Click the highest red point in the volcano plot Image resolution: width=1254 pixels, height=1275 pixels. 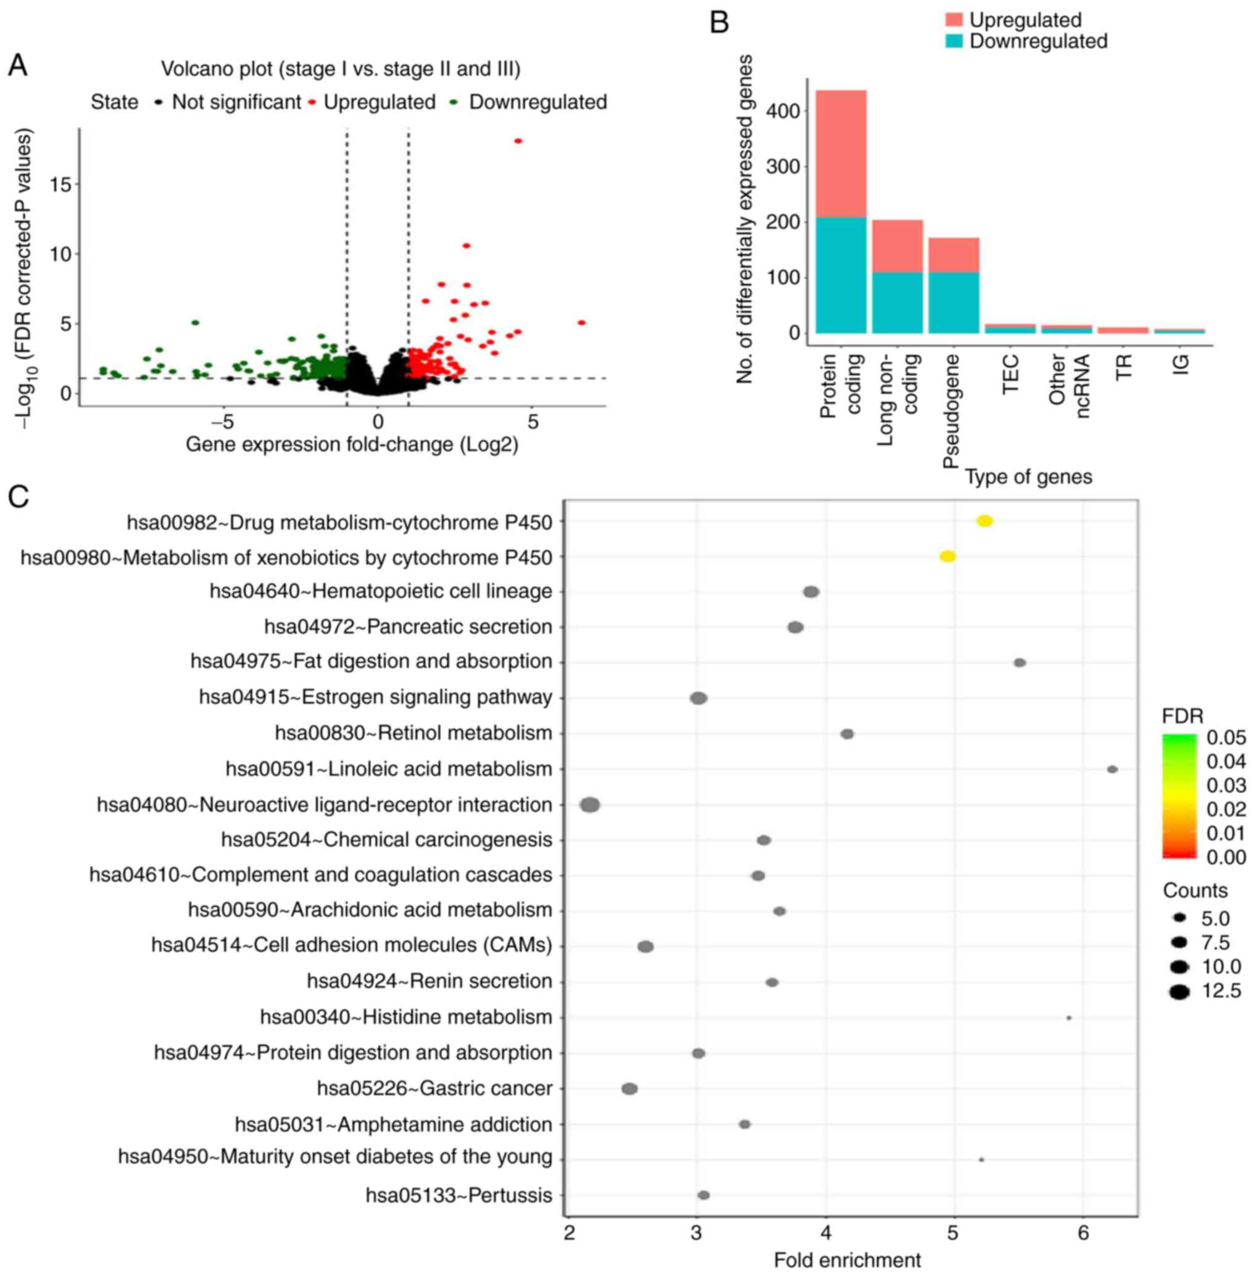pyautogui.click(x=518, y=141)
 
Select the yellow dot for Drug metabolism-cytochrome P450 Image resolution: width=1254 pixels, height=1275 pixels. pyautogui.click(x=984, y=521)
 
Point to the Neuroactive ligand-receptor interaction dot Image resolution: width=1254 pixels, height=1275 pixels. pyautogui.click(x=589, y=805)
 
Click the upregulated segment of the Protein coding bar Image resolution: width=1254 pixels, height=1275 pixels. pyautogui.click(x=841, y=154)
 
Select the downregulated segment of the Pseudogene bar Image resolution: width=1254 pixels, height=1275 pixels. pyautogui.click(x=953, y=302)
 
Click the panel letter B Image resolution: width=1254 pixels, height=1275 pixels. pyautogui.click(x=719, y=23)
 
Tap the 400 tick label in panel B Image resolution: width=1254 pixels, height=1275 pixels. pyautogui.click(x=783, y=110)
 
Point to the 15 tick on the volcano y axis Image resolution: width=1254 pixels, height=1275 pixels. pyautogui.click(x=60, y=185)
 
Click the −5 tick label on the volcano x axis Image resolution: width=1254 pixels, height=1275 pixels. pyautogui.click(x=223, y=422)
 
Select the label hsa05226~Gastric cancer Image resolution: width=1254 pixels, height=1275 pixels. pyautogui.click(x=434, y=1089)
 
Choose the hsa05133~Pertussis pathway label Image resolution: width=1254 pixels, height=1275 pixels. pyautogui.click(x=459, y=1195)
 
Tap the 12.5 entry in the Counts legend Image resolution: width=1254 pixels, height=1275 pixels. pyautogui.click(x=1221, y=991)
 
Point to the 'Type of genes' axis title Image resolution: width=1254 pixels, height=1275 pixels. pyautogui.click(x=1028, y=477)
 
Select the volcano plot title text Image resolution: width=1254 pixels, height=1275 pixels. pyautogui.click(x=341, y=69)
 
